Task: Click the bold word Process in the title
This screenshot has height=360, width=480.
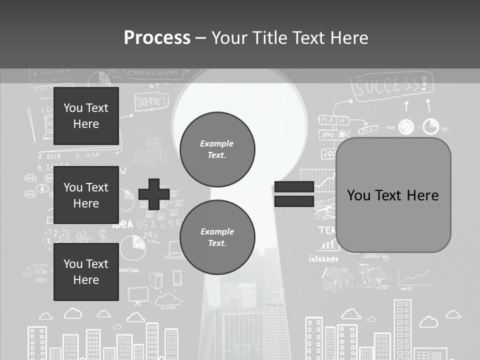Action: pos(157,38)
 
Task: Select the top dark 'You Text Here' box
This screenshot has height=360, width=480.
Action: pos(86,116)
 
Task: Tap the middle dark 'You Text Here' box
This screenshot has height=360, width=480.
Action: pos(86,195)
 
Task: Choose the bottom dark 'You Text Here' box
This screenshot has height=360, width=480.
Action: pos(86,272)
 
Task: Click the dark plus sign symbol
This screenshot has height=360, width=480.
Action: pos(154,194)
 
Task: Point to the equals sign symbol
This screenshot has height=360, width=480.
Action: pos(294,194)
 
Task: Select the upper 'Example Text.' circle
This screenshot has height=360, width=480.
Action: pos(217,149)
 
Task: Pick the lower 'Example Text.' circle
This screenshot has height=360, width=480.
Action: pos(217,237)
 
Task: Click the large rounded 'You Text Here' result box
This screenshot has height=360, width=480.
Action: pos(393,195)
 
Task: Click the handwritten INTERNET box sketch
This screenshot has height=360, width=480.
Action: pos(151,101)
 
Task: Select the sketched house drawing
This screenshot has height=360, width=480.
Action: pos(337,278)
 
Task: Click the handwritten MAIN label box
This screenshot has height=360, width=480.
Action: pos(333,120)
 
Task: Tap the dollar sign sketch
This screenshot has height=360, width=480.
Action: pos(103,235)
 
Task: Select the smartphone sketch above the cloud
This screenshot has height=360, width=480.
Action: pos(177,278)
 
